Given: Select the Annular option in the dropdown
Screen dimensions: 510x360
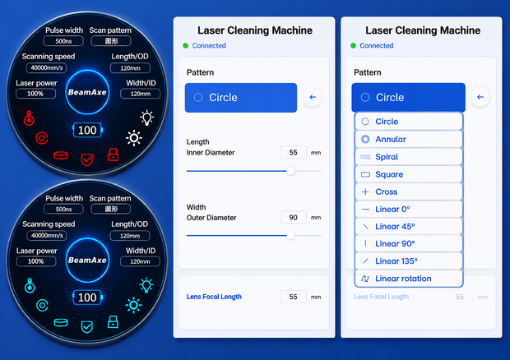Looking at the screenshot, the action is (x=409, y=139).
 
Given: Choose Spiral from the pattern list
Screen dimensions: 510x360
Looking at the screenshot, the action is (x=409, y=157).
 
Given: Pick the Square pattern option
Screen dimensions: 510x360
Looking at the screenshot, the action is (x=409, y=174).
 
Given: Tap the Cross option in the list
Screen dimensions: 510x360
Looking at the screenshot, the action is (x=409, y=192).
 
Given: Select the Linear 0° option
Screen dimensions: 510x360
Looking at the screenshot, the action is (x=409, y=209).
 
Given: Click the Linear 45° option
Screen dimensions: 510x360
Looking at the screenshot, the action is (x=409, y=226).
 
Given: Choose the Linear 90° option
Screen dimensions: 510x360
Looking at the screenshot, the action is (x=409, y=243).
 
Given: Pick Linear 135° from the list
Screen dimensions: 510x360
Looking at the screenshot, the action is (x=409, y=261).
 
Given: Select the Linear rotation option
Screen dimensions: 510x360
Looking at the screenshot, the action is (x=409, y=279).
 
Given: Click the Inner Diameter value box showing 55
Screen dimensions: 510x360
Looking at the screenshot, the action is (x=293, y=152).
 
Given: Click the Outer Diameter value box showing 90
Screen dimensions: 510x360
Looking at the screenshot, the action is (x=293, y=217).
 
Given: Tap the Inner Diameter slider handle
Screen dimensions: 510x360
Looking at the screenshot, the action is (x=290, y=171).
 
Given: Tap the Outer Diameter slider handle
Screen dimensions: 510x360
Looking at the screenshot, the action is (x=290, y=236).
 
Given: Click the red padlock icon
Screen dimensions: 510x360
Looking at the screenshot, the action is (x=113, y=155).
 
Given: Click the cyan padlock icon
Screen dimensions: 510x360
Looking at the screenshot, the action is (x=113, y=321).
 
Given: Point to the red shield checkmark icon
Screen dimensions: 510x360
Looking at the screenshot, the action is (x=87, y=159).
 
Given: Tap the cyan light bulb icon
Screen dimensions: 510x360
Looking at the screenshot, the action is (x=146, y=285).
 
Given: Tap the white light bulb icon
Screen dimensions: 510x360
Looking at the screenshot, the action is (x=146, y=118).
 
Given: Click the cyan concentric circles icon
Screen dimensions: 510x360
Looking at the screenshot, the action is (x=42, y=306).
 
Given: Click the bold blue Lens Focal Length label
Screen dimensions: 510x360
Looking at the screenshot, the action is (x=214, y=297).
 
